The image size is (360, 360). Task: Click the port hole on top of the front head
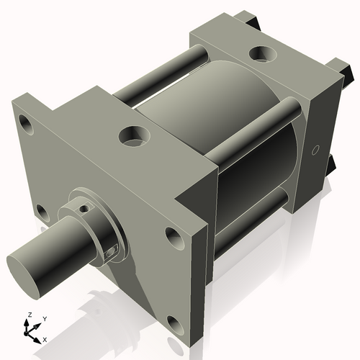pos(132,135)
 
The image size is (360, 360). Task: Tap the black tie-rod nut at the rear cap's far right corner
pos(347,72)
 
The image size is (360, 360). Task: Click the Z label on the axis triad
pos(28,315)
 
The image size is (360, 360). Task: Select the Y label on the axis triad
pos(44,318)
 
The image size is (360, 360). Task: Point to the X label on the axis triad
pos(45,338)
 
